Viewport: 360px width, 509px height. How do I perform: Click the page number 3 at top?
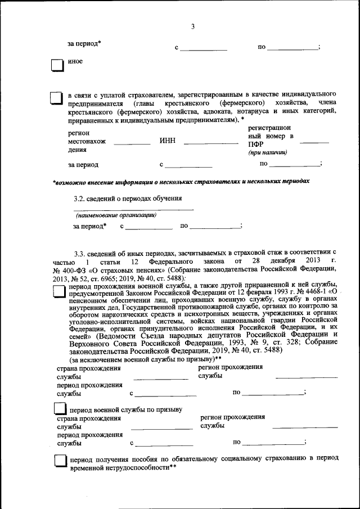[x=192, y=26]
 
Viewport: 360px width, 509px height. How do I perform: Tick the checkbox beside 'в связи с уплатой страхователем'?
[x=57, y=100]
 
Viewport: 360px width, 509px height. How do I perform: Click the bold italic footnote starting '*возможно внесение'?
[x=181, y=182]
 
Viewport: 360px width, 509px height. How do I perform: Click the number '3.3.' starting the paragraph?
[x=81, y=254]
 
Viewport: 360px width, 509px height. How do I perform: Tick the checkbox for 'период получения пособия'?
[x=61, y=462]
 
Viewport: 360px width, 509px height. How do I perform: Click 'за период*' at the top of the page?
[x=84, y=44]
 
